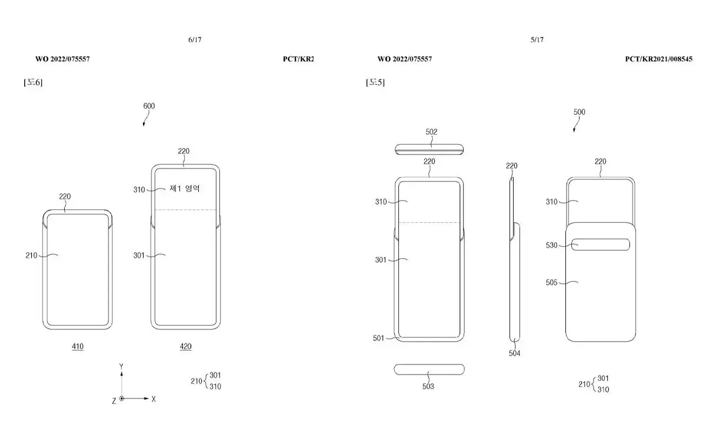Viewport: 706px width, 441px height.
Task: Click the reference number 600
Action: pyautogui.click(x=149, y=106)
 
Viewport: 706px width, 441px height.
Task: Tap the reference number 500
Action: pyautogui.click(x=580, y=112)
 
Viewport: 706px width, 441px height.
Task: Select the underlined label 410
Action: pyautogui.click(x=78, y=346)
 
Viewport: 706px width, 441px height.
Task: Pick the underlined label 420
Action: pyautogui.click(x=186, y=346)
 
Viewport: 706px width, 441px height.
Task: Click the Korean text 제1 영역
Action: pyautogui.click(x=185, y=188)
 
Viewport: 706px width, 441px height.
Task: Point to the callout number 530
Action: pyautogui.click(x=552, y=245)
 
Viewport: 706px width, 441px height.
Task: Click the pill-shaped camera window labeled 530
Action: pyautogui.click(x=601, y=245)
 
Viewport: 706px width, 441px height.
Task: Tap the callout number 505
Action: pyautogui.click(x=552, y=282)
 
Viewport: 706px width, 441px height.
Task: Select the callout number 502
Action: pyautogui.click(x=431, y=132)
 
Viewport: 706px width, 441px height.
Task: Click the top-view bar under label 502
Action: pyautogui.click(x=429, y=149)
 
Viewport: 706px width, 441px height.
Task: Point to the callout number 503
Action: pyautogui.click(x=428, y=386)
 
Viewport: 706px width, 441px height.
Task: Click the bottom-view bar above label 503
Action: pyautogui.click(x=429, y=369)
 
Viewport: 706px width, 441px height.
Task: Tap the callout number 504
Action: pyautogui.click(x=514, y=353)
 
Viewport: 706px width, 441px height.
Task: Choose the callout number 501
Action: pyautogui.click(x=378, y=338)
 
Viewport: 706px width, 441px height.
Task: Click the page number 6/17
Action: pyautogui.click(x=195, y=40)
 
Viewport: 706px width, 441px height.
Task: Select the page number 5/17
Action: pyautogui.click(x=537, y=40)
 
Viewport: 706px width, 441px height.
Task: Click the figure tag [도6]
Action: pyautogui.click(x=33, y=82)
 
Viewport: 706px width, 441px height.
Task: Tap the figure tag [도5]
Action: pyautogui.click(x=375, y=82)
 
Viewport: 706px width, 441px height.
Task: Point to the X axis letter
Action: pyautogui.click(x=154, y=399)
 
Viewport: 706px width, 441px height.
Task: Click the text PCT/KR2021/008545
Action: pyautogui.click(x=659, y=59)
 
